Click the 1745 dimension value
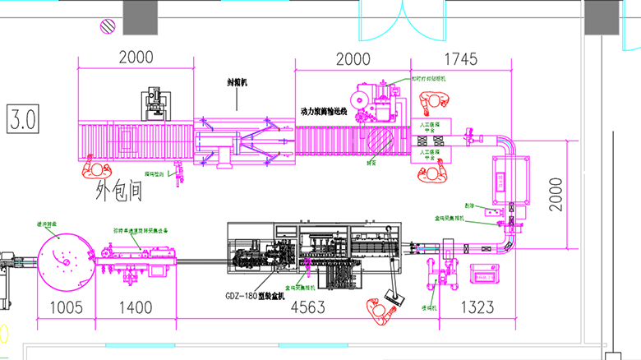click(x=460, y=58)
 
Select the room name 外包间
click(x=121, y=192)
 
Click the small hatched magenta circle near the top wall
click(x=107, y=26)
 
